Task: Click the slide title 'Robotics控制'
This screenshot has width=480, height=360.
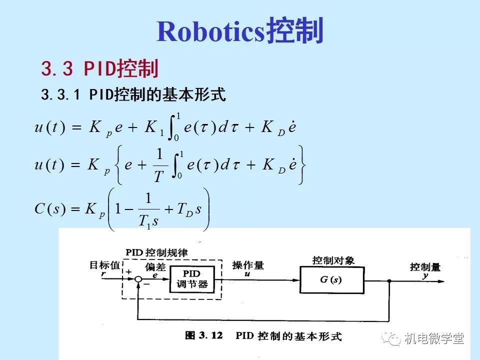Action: pyautogui.click(x=240, y=31)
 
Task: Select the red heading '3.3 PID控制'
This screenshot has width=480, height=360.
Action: pyautogui.click(x=99, y=68)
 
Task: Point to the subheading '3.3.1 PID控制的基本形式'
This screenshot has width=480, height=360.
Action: pyautogui.click(x=134, y=94)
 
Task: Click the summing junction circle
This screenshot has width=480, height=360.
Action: pyautogui.click(x=138, y=280)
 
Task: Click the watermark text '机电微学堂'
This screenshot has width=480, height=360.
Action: pyautogui.click(x=434, y=338)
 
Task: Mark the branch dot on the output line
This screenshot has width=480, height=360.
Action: pyautogui.click(x=389, y=280)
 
